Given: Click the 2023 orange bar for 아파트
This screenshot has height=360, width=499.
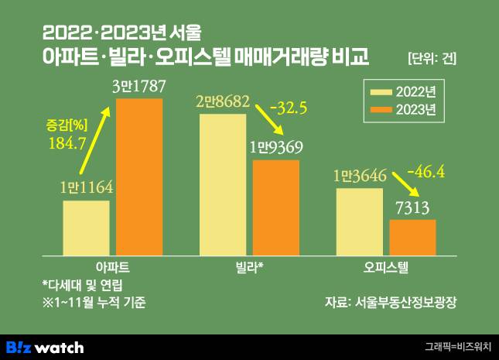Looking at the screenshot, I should click(139, 176).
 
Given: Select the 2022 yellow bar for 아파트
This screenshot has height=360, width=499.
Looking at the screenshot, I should click(86, 227).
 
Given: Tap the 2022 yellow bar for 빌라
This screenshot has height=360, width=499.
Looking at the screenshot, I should click(223, 183).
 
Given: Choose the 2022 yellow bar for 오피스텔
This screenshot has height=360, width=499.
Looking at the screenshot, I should click(359, 220).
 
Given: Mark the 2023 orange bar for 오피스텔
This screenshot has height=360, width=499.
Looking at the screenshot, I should click(412, 236).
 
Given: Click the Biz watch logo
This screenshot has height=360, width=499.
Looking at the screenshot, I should click(45, 347).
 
